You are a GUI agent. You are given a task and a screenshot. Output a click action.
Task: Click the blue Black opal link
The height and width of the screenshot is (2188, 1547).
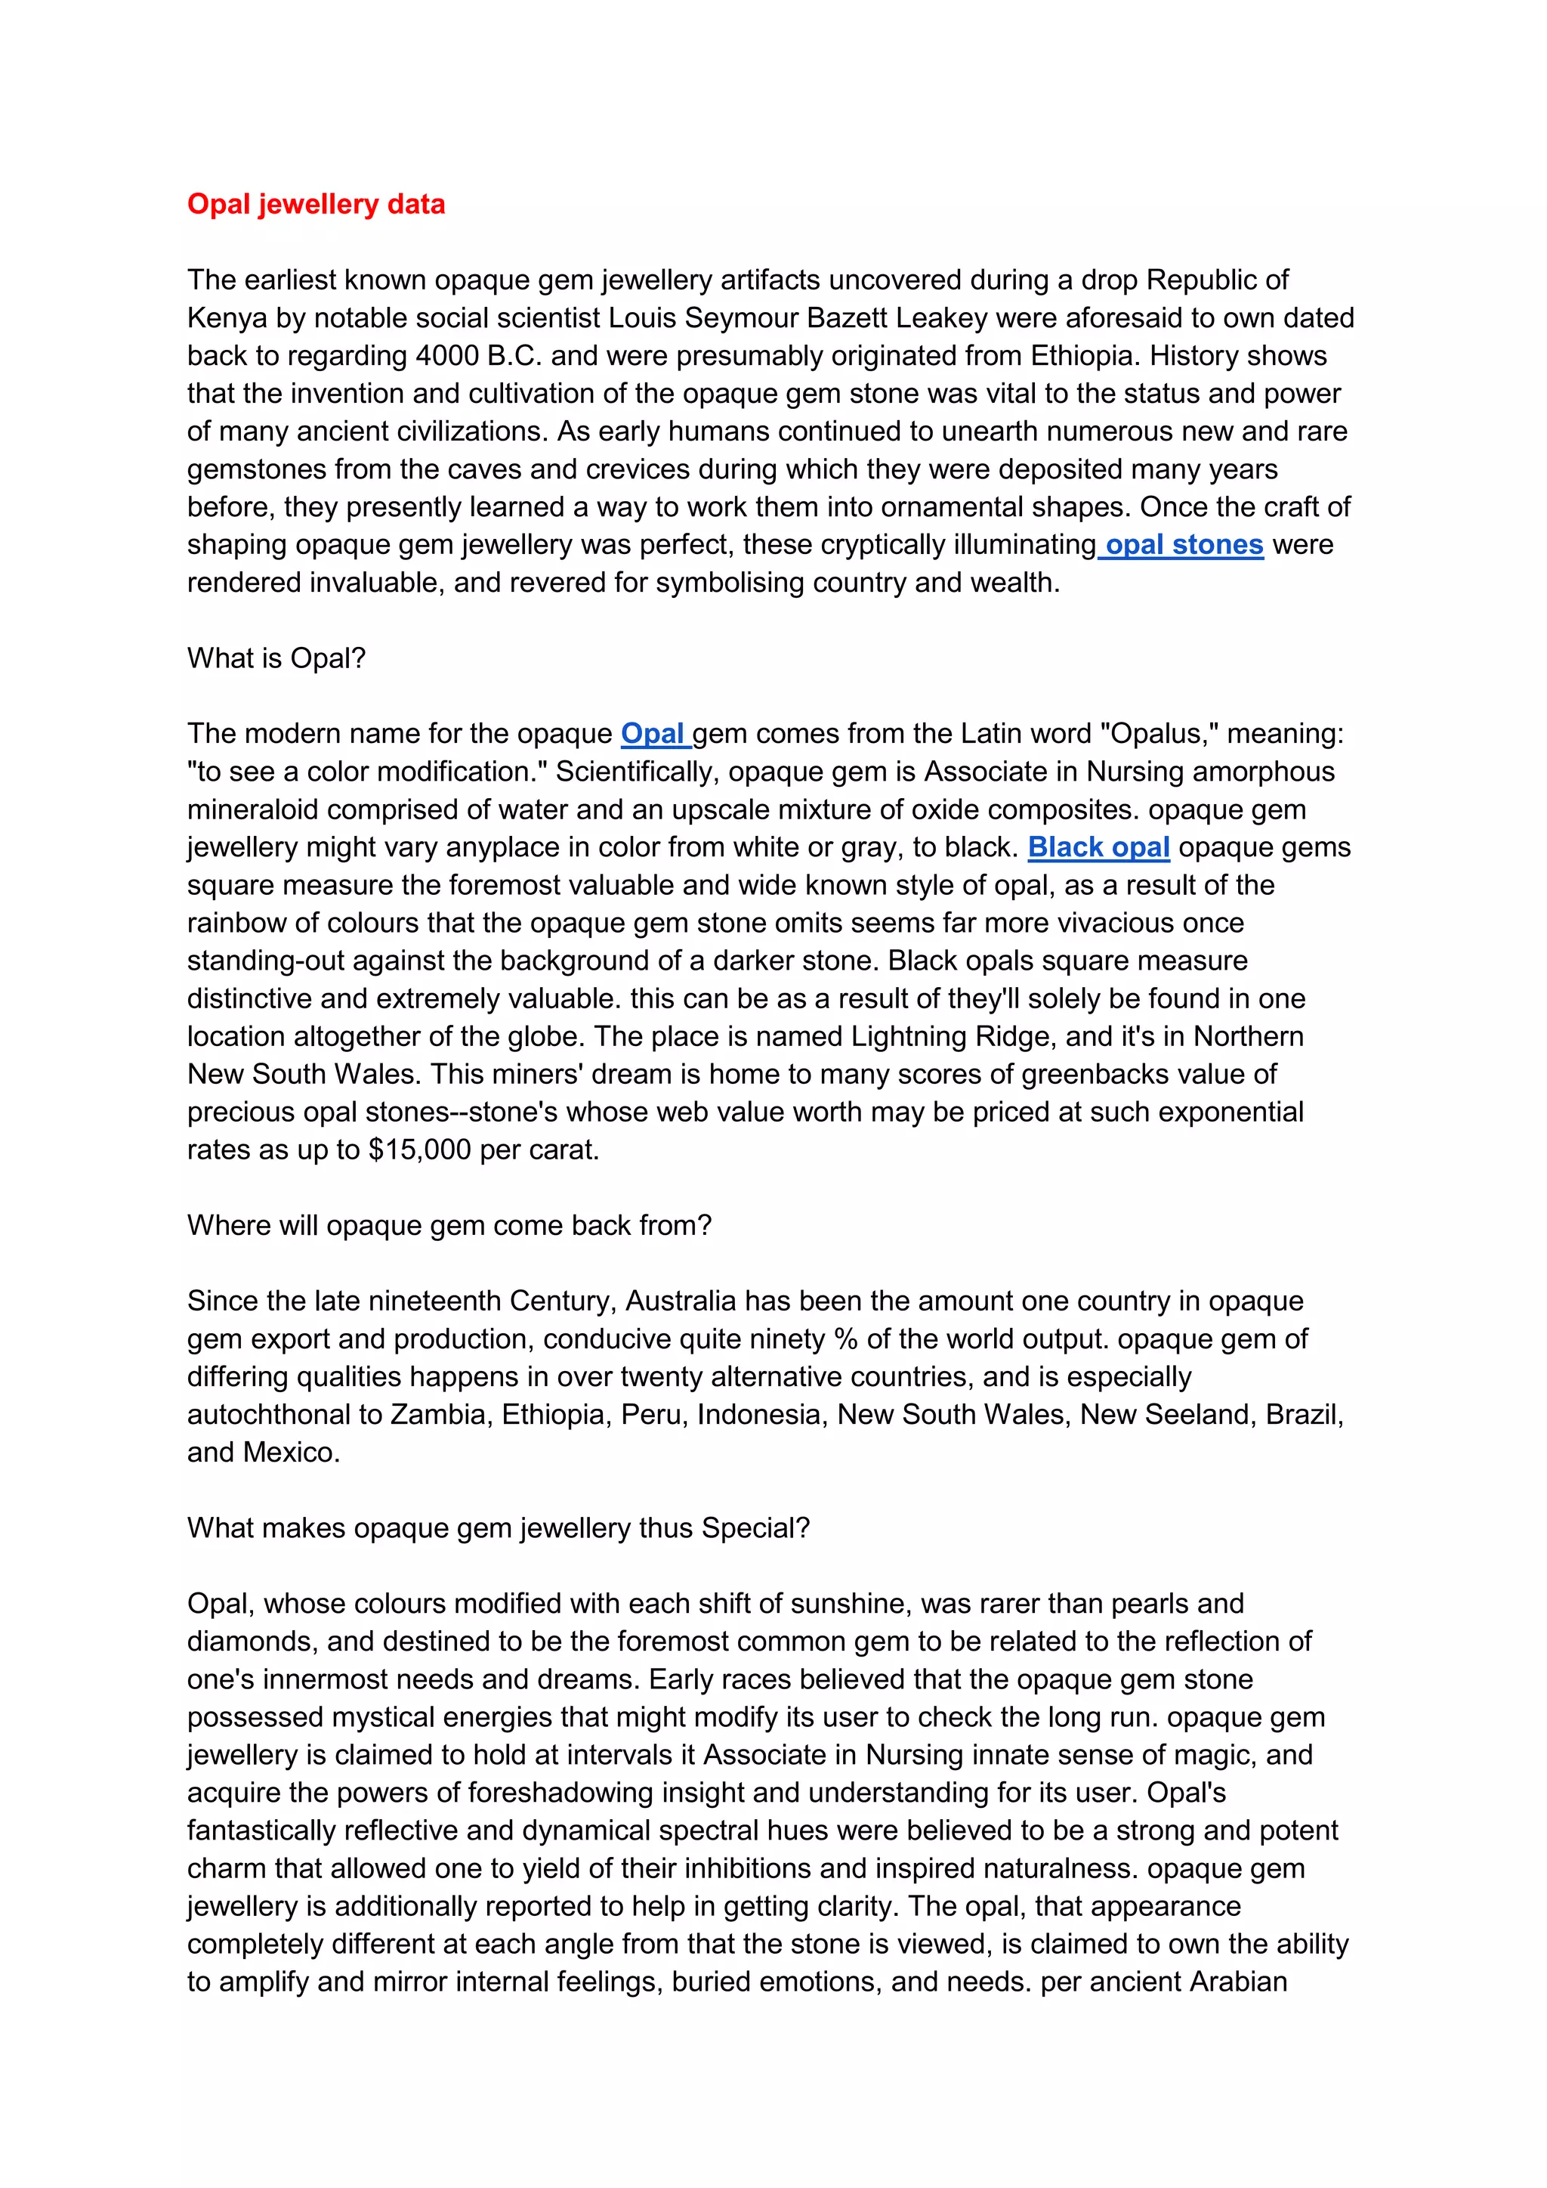pyautogui.click(x=1098, y=847)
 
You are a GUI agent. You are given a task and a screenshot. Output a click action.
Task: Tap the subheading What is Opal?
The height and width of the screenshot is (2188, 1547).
pyautogui.click(x=276, y=658)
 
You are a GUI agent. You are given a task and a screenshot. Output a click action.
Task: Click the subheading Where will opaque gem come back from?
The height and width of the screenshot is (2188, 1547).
pyautogui.click(x=449, y=1226)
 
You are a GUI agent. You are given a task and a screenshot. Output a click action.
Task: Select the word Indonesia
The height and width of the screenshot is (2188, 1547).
pyautogui.click(x=758, y=1414)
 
